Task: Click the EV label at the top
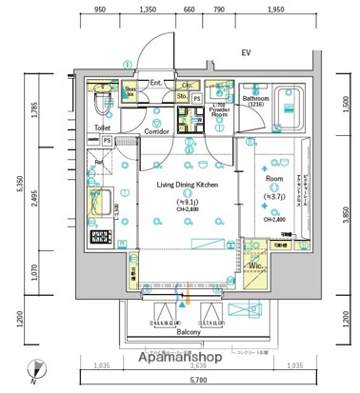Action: [x=245, y=53]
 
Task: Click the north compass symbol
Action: [x=34, y=367]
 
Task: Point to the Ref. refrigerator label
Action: [x=99, y=162]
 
